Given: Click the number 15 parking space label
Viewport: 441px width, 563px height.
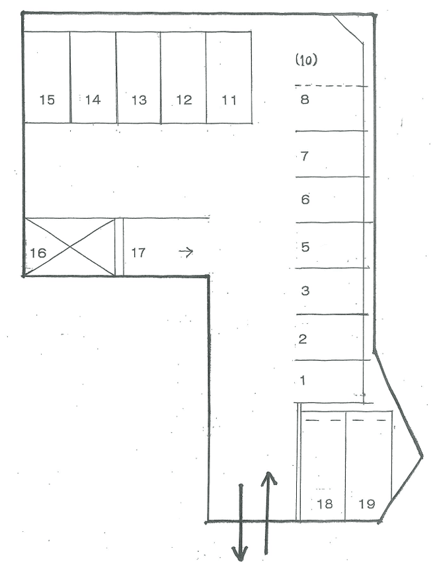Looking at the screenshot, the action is pos(47,100).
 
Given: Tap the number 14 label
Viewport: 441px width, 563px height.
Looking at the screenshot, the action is pos(93,100).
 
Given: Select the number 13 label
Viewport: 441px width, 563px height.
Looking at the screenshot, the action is pos(139,100).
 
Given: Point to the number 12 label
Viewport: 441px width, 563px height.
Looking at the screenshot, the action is pos(184,100).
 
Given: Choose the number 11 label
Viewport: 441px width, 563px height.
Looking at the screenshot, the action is pos(229,100).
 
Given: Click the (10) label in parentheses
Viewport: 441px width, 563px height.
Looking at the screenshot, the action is pos(306,60).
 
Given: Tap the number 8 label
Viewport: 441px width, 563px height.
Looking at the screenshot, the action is pos(305,98).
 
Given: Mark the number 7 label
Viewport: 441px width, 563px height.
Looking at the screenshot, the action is pos(304,156).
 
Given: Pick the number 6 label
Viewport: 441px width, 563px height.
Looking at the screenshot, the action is pos(305,200).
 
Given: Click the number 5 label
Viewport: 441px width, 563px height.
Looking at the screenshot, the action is pos(305,247).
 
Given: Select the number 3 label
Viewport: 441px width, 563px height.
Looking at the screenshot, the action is pos(305,291).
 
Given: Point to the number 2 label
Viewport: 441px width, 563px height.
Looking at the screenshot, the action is pos(303,339).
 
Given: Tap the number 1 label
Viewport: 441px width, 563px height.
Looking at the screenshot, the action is pos(303,380).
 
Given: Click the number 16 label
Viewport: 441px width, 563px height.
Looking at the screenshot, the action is pos(38,253).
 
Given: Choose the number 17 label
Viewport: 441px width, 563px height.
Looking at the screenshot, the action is pos(138,253).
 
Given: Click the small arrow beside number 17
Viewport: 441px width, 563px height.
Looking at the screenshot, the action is pos(186,252).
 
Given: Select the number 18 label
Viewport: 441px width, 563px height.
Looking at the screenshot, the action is pos(325,504).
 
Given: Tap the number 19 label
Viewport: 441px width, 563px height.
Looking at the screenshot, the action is pos(367,504).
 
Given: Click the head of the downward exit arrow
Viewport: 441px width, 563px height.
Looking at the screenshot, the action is pos(240,553).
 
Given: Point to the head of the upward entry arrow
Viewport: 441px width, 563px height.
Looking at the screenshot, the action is pos(268,478).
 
